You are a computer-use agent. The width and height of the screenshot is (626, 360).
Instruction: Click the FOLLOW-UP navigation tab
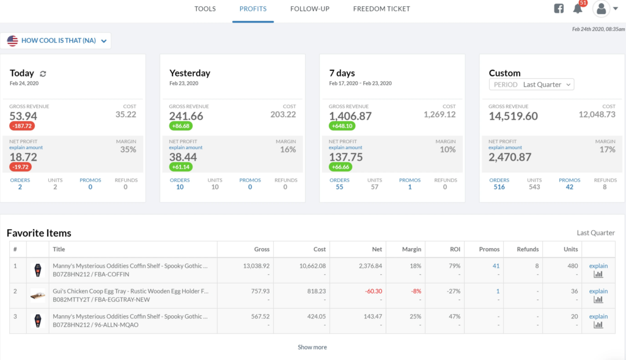tap(310, 9)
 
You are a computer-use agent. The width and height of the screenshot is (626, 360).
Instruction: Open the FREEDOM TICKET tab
tap(381, 9)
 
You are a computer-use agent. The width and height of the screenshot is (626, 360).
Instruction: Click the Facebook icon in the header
tap(559, 9)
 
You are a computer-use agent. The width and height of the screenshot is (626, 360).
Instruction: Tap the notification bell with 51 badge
tap(578, 9)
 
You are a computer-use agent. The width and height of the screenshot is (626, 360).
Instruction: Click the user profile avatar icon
tap(602, 9)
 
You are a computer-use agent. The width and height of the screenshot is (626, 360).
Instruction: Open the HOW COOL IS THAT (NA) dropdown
tap(56, 41)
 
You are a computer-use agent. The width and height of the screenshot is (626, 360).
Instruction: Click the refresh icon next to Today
tap(43, 73)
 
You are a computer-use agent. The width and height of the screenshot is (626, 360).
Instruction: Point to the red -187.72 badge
tap(22, 126)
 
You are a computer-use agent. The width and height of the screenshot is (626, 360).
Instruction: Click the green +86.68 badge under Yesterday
tap(182, 126)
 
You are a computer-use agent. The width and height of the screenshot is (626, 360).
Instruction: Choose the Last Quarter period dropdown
tap(532, 84)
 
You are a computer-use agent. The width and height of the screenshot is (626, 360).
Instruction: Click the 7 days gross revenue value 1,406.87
tap(350, 116)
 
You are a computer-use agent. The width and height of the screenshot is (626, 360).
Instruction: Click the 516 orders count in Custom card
tap(499, 187)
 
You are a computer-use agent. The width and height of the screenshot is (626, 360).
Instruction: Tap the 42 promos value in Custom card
tap(569, 187)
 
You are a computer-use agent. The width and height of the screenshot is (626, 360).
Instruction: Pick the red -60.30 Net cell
tap(373, 292)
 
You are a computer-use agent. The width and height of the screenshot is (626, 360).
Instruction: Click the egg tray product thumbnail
tap(38, 295)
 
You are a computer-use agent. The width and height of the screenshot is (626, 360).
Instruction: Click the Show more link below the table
tap(312, 347)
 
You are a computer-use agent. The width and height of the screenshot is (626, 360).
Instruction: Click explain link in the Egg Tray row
tap(598, 292)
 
